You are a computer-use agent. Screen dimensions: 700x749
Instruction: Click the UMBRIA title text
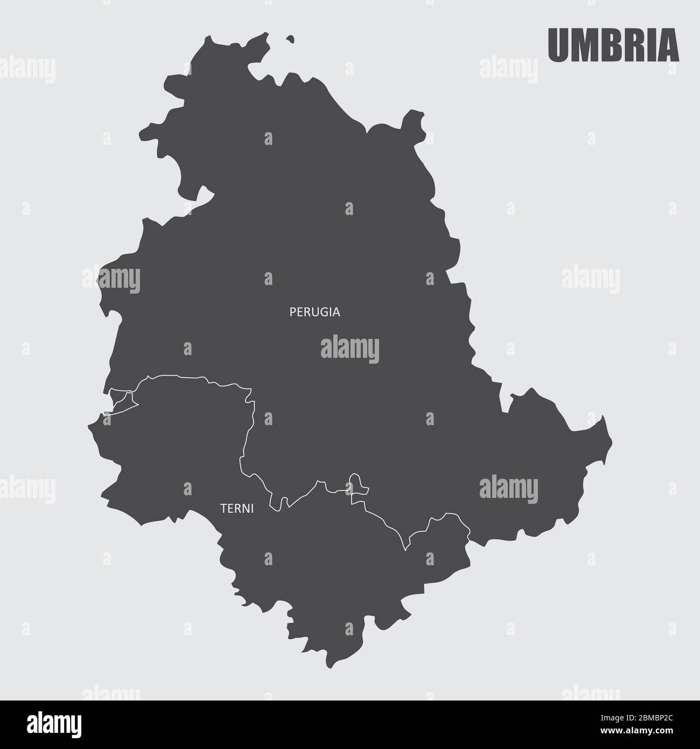point(613,46)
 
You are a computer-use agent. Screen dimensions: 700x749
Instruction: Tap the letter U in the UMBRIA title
point(558,46)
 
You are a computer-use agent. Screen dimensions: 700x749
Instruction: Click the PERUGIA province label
point(315,312)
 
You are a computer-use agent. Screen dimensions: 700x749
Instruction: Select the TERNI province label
point(237,508)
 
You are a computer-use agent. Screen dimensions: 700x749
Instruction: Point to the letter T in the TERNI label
point(223,508)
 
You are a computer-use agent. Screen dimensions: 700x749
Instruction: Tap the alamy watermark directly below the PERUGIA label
point(350,348)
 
